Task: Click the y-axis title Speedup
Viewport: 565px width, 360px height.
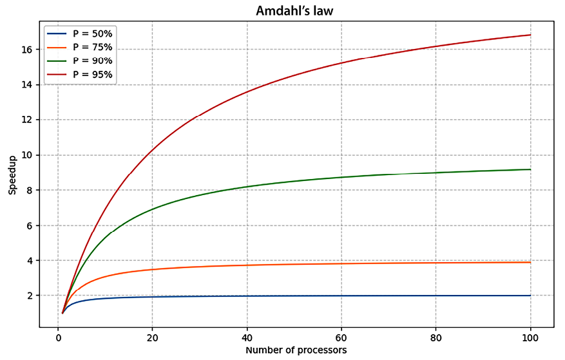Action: coord(12,176)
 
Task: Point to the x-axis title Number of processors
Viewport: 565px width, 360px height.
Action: coord(296,350)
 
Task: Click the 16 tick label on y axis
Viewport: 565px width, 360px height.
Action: coord(34,50)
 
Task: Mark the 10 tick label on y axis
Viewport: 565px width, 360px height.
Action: coord(34,155)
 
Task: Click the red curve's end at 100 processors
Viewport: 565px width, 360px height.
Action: coord(530,35)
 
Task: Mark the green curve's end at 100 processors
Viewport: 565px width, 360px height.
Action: coord(530,169)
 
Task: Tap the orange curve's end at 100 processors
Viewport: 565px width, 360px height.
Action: coord(530,262)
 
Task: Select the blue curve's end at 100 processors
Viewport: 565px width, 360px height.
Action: coord(530,296)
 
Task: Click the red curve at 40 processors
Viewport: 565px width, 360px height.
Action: coord(247,92)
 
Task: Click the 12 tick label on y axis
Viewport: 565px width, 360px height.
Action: coord(34,120)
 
